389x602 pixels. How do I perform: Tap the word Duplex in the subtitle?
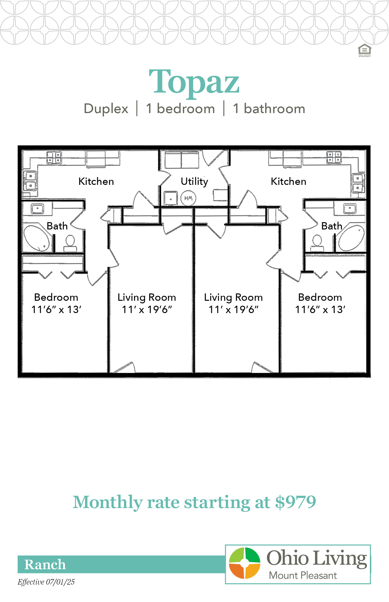tap(106, 109)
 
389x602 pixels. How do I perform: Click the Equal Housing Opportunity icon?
tap(364, 50)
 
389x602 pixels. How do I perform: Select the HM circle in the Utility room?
tap(188, 198)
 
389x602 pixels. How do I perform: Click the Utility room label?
tap(194, 182)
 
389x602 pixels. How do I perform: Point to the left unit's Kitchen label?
tap(96, 182)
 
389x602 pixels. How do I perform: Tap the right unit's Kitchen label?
tap(289, 182)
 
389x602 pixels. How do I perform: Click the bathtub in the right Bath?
tap(351, 237)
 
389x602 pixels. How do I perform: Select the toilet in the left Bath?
tap(70, 244)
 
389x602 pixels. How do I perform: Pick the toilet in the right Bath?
tap(317, 243)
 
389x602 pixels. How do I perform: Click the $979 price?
tap(296, 502)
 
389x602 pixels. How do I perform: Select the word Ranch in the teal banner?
tap(45, 564)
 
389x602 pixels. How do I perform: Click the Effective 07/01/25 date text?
tap(46, 582)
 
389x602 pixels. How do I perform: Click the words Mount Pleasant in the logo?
tap(303, 576)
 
